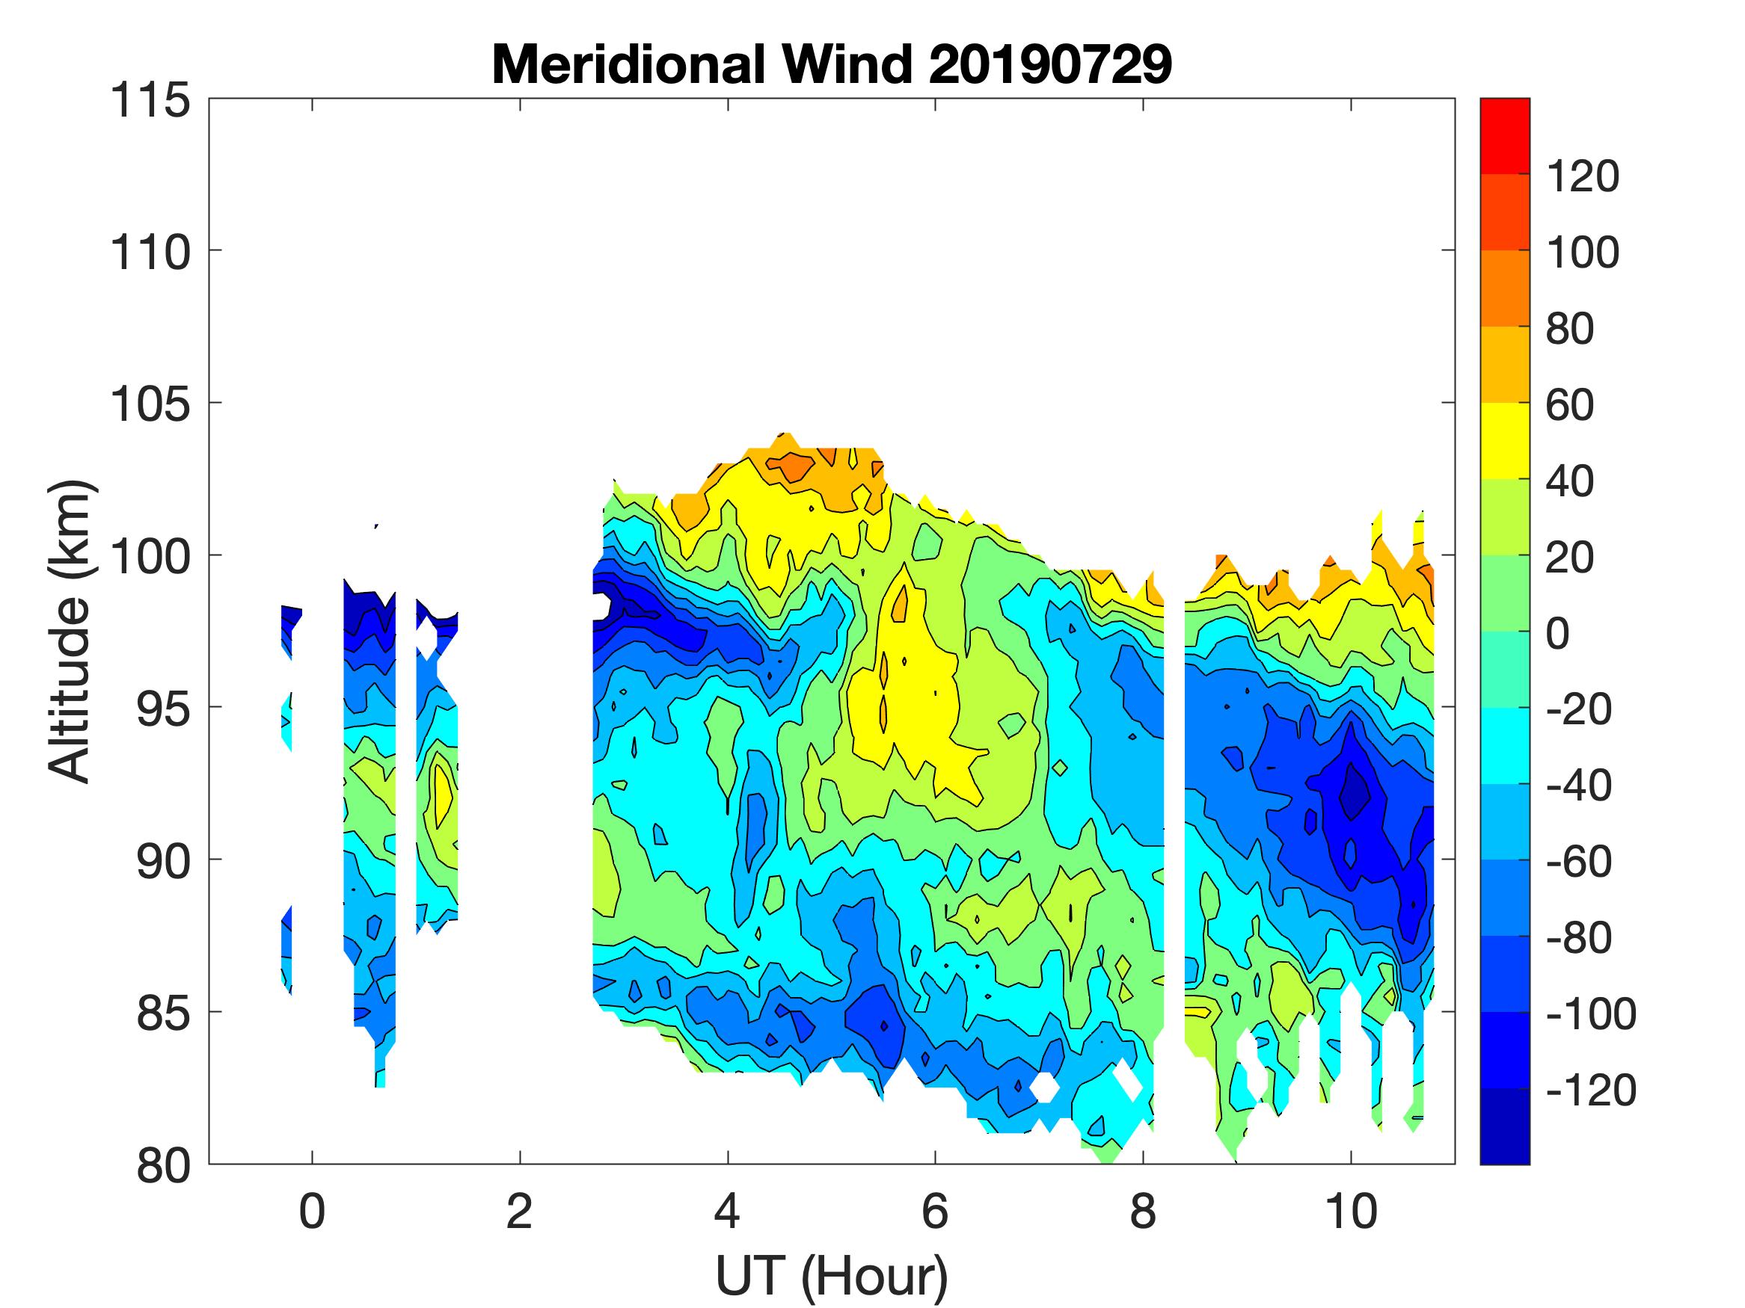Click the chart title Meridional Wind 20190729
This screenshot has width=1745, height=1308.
pos(832,64)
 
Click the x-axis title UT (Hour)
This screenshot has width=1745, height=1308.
pos(832,1276)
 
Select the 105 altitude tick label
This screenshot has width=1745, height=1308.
pos(150,404)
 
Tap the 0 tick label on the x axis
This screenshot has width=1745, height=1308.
pos(313,1212)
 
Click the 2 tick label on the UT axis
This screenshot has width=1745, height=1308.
pos(519,1212)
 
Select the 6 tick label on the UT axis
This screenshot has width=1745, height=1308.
pos(935,1212)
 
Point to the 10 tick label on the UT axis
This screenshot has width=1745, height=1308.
pos(1351,1212)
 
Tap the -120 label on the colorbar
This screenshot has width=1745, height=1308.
pos(1590,1090)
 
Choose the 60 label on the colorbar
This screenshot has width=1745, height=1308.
pos(1570,405)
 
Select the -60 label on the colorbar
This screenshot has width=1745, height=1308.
pos(1578,862)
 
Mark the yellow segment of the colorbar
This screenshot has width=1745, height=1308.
pos(1504,441)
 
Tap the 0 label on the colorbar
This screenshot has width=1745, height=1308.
pos(1557,634)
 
